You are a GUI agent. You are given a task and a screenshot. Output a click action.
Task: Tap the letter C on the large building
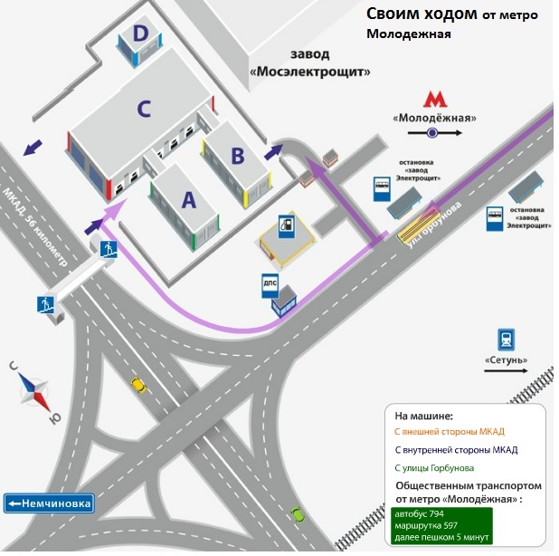143,110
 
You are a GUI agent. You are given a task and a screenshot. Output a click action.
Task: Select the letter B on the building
238,155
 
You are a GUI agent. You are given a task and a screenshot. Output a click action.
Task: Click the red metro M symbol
436,100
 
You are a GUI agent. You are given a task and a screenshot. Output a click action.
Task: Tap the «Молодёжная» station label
435,119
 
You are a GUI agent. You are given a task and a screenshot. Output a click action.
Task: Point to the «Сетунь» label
507,360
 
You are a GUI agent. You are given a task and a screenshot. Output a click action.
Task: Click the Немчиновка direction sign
49,503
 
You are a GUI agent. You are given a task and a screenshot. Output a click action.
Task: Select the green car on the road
296,513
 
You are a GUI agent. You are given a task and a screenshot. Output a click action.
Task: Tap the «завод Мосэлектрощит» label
311,62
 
